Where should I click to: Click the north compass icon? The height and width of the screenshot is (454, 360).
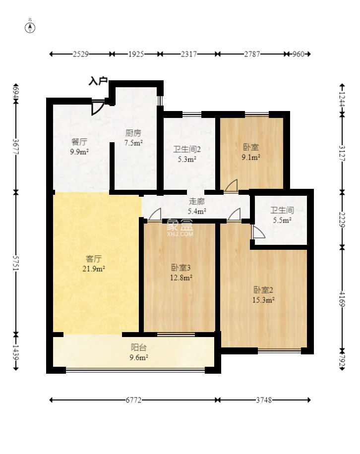(x=30, y=28)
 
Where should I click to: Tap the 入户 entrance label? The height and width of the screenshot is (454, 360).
(x=98, y=81)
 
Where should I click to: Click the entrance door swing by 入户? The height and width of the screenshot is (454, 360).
(x=98, y=108)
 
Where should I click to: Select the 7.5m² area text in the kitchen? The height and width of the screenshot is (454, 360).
(x=133, y=143)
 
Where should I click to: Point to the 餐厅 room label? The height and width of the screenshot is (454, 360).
(x=79, y=142)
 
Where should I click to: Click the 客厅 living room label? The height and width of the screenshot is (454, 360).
(x=94, y=259)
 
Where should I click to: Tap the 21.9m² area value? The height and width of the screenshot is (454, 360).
(x=94, y=269)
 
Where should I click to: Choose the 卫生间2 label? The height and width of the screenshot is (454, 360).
(x=187, y=149)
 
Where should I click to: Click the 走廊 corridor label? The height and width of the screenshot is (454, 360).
(x=197, y=201)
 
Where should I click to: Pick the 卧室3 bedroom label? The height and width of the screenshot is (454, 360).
(x=180, y=268)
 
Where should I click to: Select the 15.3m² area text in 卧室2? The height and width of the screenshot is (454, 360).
(x=263, y=300)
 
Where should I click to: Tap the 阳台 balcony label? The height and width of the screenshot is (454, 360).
(x=139, y=347)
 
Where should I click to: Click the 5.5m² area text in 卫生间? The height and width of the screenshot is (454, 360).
(x=282, y=221)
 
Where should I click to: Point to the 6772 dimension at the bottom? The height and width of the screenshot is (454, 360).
(x=133, y=400)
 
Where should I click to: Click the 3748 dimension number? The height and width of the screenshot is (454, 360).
(x=264, y=400)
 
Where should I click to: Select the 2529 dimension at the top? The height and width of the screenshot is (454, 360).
(x=80, y=54)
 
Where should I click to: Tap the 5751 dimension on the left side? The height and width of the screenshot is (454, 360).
(x=16, y=263)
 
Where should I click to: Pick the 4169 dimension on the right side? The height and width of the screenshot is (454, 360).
(x=342, y=299)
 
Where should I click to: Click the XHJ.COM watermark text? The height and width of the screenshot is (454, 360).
(x=180, y=234)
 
